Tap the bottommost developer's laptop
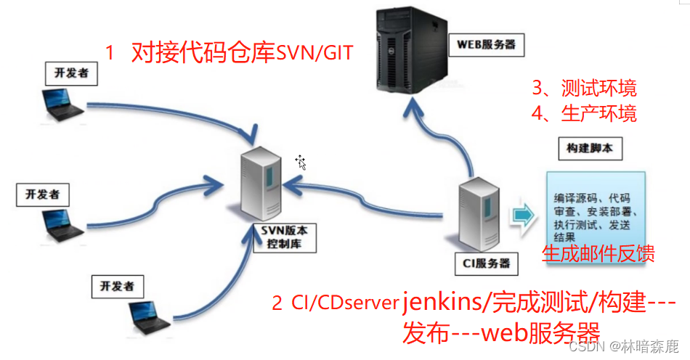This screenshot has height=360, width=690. point(150,312)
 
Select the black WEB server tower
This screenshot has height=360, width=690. point(408,48)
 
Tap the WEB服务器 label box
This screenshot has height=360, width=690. point(486,44)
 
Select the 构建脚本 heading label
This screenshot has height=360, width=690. point(589,149)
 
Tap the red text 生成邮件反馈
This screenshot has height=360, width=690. point(598,253)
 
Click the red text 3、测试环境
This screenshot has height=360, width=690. point(584,89)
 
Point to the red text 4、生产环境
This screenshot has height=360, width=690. point(584,113)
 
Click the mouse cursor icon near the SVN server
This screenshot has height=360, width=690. point(301,162)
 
